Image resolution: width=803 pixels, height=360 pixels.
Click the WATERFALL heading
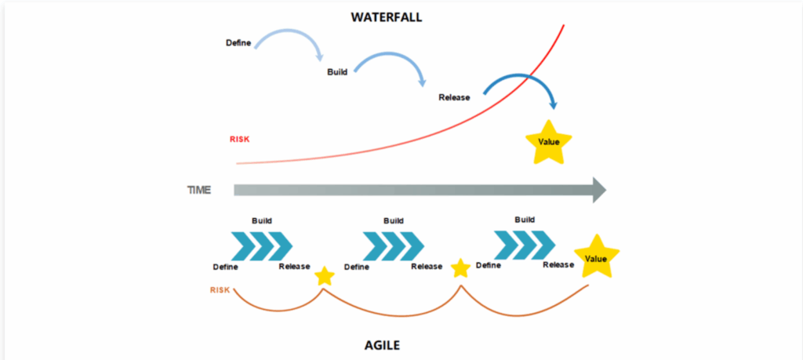[386, 16]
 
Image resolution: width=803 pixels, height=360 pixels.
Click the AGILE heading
[386, 344]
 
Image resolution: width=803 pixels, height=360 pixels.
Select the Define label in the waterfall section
[238, 42]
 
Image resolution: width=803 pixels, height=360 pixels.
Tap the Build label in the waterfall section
[337, 71]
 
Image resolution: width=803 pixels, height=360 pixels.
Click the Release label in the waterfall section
[454, 97]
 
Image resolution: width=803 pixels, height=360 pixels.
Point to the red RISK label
[239, 140]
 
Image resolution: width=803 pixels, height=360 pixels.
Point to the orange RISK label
[220, 290]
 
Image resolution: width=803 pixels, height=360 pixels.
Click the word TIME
[198, 190]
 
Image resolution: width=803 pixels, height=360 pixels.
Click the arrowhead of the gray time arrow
[598, 190]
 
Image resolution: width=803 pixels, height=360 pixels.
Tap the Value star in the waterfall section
[548, 142]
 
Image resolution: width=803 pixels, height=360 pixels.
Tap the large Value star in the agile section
[596, 257]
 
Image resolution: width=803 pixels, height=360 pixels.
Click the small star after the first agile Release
[324, 276]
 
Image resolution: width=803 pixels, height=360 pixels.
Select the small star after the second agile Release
[461, 269]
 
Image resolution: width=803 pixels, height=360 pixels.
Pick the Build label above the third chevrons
[525, 220]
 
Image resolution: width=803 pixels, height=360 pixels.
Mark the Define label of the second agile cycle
[357, 267]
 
